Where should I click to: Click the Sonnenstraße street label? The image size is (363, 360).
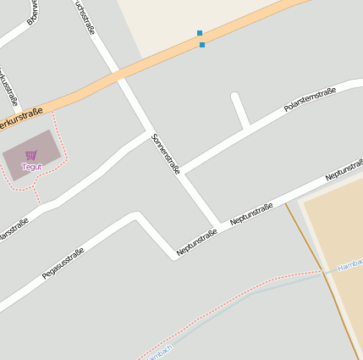[165, 153]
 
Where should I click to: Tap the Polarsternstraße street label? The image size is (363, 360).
[310, 99]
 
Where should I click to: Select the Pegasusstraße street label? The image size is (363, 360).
[63, 263]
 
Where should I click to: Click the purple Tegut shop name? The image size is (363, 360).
[31, 167]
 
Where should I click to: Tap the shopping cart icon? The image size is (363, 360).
[31, 155]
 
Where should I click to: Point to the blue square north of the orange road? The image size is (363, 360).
[200, 33]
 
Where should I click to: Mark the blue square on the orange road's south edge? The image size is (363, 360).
[202, 45]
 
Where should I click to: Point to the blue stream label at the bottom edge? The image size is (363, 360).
[159, 351]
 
